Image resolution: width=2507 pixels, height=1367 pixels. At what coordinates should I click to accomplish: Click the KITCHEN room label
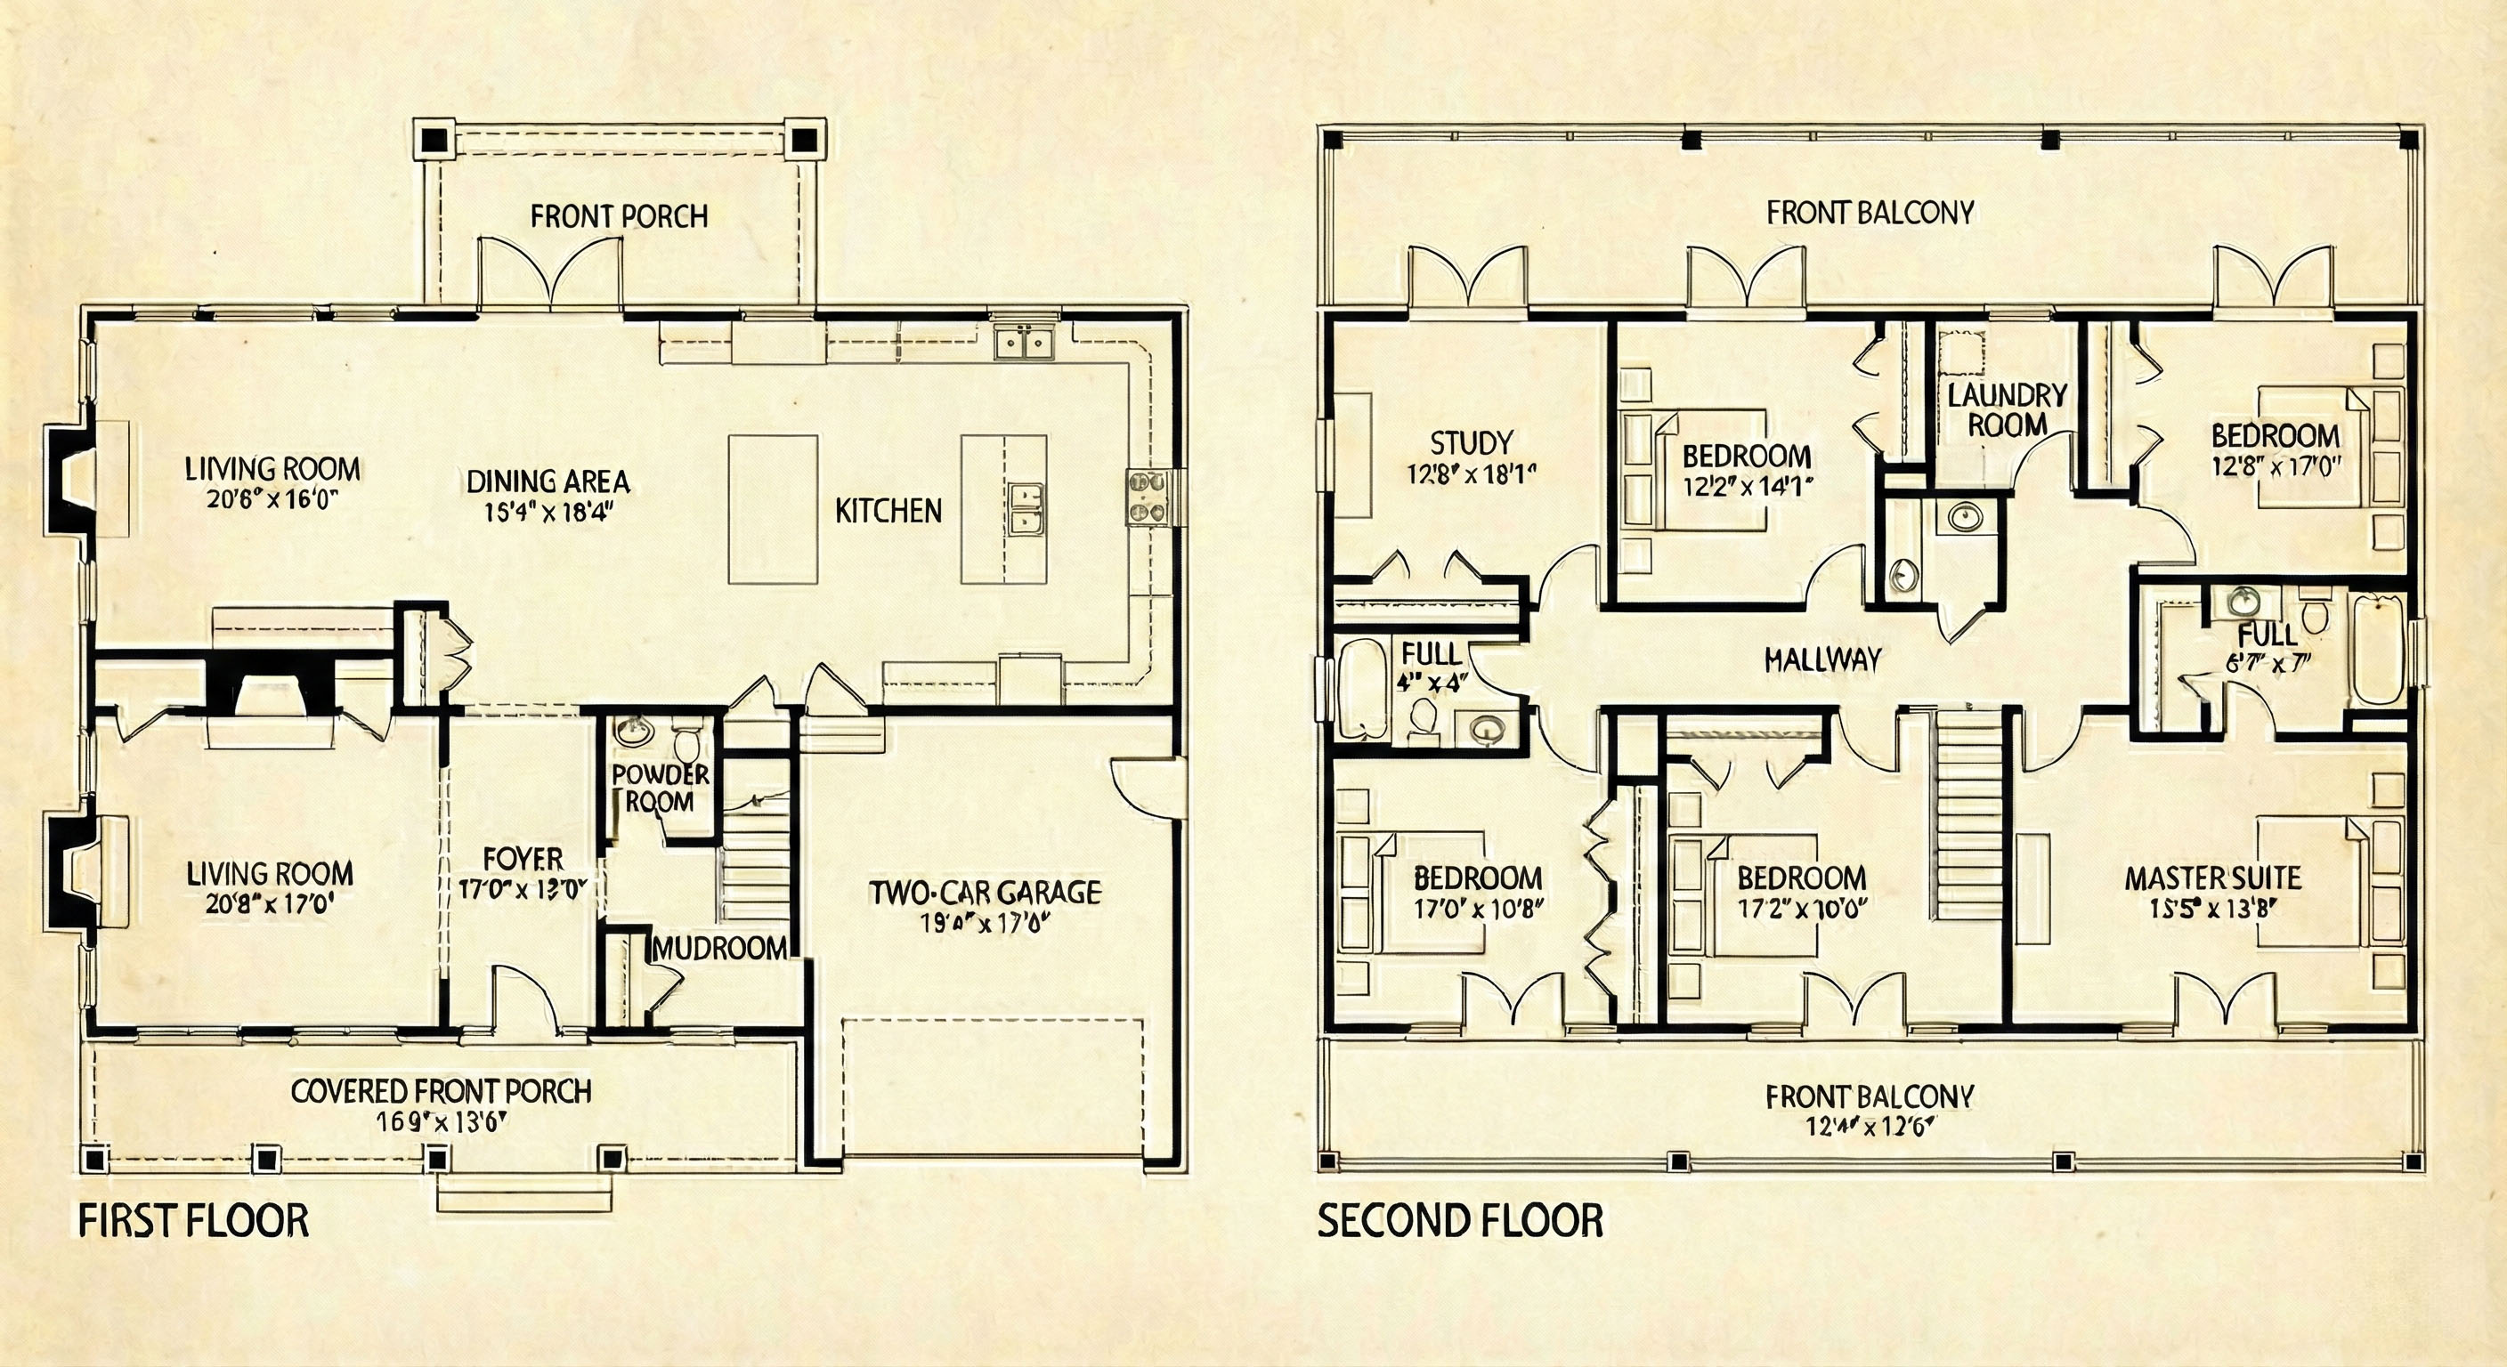tap(888, 511)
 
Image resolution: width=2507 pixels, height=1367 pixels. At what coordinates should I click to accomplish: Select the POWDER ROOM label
tap(661, 789)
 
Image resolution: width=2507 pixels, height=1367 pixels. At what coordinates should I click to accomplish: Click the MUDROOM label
tap(720, 948)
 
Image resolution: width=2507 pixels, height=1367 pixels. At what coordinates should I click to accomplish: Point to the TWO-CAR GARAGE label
tap(985, 892)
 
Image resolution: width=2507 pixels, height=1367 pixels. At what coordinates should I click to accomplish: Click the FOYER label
tap(523, 859)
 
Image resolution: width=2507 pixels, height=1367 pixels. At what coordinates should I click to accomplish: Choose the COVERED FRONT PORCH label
tap(441, 1091)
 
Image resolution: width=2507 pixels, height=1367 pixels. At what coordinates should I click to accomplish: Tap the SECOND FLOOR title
tap(1460, 1221)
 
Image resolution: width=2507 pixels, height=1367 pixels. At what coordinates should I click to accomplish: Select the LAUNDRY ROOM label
tap(2007, 409)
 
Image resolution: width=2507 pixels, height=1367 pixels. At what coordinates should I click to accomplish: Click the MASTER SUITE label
tap(2212, 878)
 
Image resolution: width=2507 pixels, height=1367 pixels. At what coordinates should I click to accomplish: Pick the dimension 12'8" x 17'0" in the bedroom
tap(2276, 466)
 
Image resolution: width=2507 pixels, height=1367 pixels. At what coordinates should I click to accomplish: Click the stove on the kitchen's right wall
tap(1147, 497)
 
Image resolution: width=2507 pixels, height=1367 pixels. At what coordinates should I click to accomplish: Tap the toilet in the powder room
tap(687, 744)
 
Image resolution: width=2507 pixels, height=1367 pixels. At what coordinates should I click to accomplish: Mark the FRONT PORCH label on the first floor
tap(619, 216)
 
